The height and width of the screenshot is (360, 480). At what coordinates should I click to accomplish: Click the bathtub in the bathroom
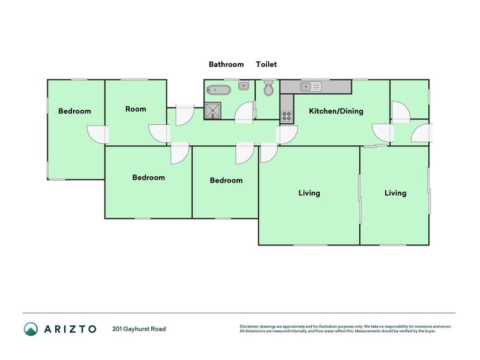(x=218, y=91)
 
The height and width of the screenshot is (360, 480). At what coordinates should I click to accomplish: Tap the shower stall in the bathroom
(x=213, y=110)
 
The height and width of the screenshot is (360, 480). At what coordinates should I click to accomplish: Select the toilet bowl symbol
(x=268, y=89)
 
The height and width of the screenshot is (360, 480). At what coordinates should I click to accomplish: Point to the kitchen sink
(x=311, y=86)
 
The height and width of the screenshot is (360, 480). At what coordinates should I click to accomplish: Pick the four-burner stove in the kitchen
(x=287, y=116)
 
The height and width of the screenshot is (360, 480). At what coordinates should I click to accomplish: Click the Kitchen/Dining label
(x=335, y=111)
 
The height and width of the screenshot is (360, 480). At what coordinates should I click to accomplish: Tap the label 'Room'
(x=136, y=109)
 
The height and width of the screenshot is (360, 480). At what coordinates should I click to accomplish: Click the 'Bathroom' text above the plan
(x=226, y=64)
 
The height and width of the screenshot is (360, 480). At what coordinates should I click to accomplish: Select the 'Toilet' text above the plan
(x=266, y=64)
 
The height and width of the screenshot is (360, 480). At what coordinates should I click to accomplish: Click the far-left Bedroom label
(x=74, y=111)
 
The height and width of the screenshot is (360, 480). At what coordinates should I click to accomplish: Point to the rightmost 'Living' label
(x=395, y=193)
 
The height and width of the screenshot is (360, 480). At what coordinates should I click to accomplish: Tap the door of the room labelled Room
(x=159, y=133)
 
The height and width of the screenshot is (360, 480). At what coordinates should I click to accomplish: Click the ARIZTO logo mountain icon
(x=31, y=329)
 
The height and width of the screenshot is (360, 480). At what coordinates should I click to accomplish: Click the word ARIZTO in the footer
(x=70, y=329)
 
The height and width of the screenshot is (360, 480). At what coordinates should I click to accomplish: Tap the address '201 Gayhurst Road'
(x=139, y=329)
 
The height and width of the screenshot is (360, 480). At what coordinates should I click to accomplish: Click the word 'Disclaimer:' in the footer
(x=251, y=326)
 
